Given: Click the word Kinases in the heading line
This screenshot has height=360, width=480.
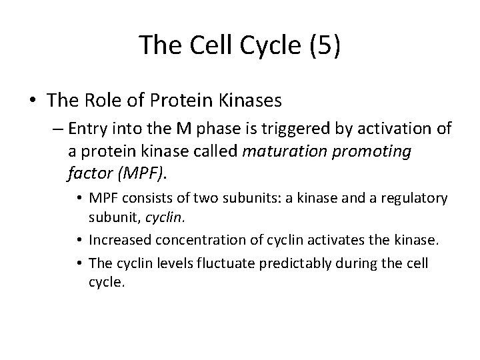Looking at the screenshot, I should pyautogui.click(x=249, y=101).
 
